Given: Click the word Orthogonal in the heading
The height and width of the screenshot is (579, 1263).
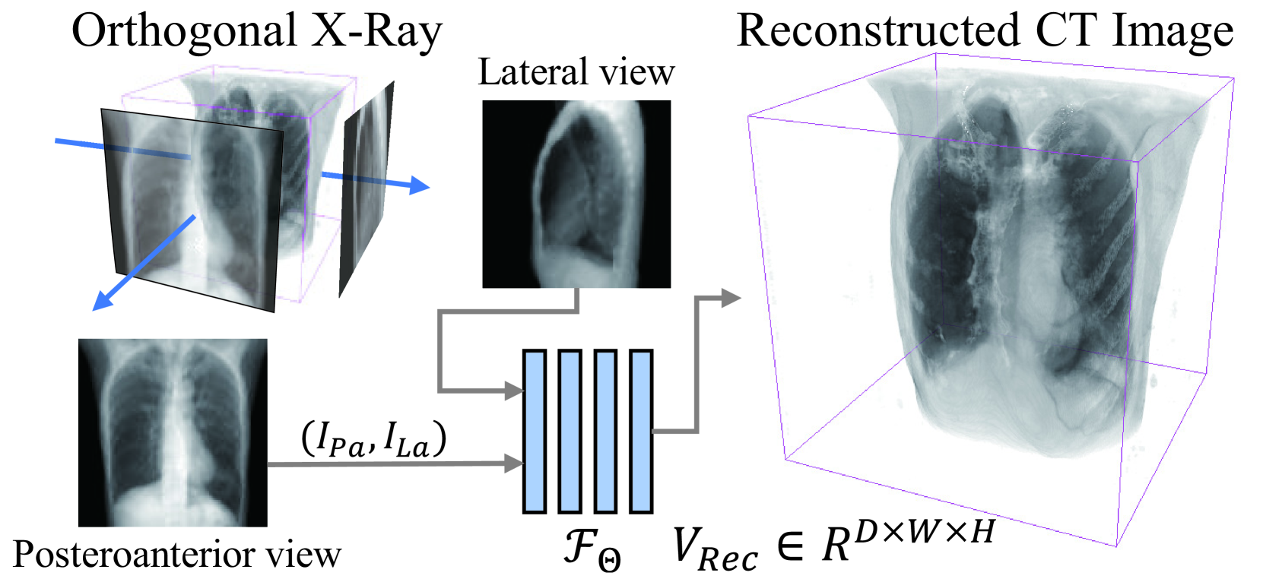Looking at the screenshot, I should tap(183, 32).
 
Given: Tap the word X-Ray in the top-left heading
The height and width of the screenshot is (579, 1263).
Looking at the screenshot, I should tap(376, 32).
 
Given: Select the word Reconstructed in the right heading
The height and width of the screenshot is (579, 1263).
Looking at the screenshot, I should tap(878, 32).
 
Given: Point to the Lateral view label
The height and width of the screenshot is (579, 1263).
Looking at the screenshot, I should tap(576, 73).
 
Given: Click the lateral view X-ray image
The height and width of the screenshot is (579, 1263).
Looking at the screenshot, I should tap(576, 194).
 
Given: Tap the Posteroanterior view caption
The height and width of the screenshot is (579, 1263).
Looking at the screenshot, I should tap(176, 555).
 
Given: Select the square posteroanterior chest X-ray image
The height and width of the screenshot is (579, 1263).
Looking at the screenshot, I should tap(173, 432).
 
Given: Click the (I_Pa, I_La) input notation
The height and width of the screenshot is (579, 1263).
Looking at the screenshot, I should tap(373, 439).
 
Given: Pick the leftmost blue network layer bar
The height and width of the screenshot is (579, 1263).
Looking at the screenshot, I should tap(534, 431).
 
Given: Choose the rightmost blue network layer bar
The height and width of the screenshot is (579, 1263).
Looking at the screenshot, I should tap(641, 431).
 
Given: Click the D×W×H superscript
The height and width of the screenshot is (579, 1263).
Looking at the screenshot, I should tap(923, 532).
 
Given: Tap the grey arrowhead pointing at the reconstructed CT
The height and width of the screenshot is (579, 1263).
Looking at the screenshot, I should tap(729, 298).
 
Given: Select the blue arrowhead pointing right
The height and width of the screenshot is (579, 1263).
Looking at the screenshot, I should tap(419, 185).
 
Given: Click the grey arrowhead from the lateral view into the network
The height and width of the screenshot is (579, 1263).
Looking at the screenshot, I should tap(515, 391).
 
